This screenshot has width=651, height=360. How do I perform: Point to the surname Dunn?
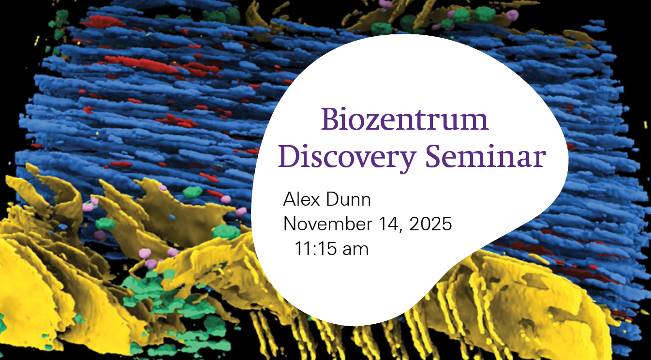(348, 199)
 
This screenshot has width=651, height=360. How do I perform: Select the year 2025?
(430, 224)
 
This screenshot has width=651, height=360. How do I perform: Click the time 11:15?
(315, 249)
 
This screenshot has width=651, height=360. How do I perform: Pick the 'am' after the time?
(355, 250)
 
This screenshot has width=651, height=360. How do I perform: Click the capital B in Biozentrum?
(330, 119)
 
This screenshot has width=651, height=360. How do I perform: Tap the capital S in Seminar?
(434, 156)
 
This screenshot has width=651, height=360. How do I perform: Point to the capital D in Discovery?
(290, 156)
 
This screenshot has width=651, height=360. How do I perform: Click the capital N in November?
(290, 224)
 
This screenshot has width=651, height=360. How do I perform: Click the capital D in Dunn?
(333, 199)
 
